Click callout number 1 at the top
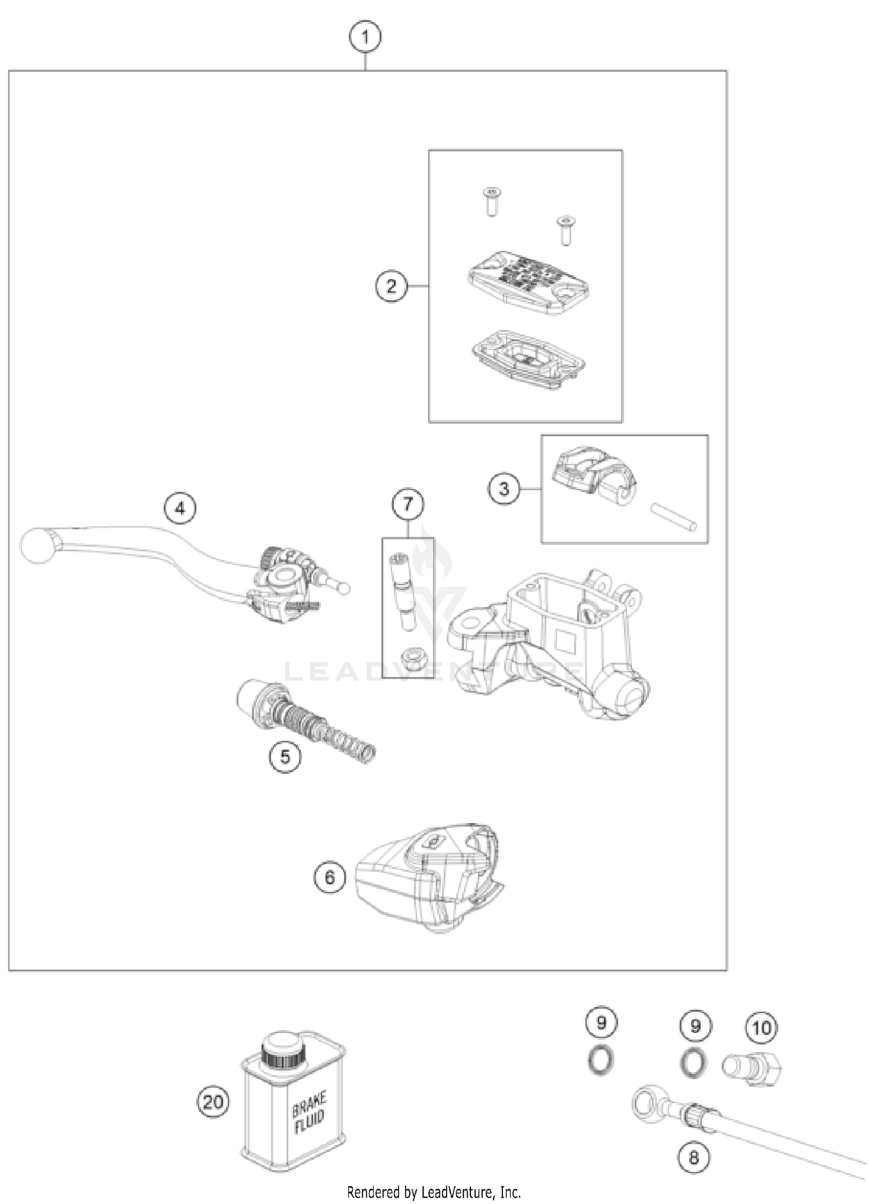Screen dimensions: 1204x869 [x=365, y=38]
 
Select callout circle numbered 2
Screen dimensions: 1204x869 [x=391, y=286]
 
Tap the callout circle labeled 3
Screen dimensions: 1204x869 [x=503, y=489]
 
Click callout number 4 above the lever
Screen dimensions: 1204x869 [x=180, y=508]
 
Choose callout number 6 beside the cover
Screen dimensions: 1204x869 [x=330, y=877]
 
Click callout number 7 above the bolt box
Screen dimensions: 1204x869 [x=408, y=504]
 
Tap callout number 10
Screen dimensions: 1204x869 [x=762, y=1028]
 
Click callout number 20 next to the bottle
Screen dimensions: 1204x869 [x=213, y=1101]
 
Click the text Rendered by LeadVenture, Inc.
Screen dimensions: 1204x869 [x=434, y=1192]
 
